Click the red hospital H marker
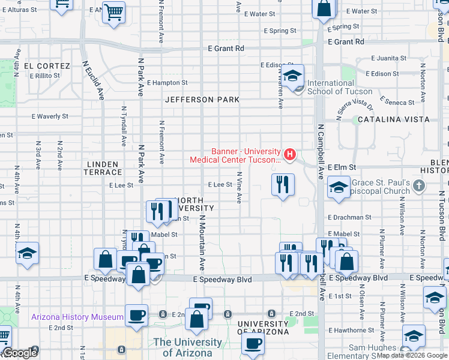tap(291, 155)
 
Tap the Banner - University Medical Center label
tap(235, 155)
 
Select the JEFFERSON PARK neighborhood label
tap(202, 100)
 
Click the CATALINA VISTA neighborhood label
tap(393, 119)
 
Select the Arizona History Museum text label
tap(77, 317)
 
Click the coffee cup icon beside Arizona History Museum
tap(137, 316)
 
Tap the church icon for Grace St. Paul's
tap(419, 186)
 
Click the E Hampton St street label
tap(167, 83)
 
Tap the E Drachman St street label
tap(349, 217)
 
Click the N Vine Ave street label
tap(239, 187)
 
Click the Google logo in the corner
tap(20, 353)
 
